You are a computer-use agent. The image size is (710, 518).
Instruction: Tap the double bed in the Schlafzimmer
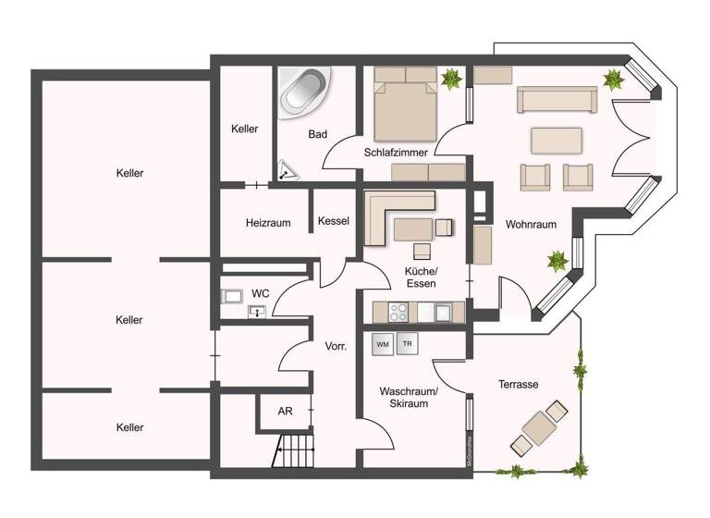405,106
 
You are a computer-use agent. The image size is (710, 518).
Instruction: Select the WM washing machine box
383,344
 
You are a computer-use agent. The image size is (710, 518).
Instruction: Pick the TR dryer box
407,344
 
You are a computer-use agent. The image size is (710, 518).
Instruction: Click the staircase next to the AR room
294,453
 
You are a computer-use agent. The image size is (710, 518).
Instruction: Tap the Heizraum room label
268,223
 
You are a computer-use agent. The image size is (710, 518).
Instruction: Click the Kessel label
333,221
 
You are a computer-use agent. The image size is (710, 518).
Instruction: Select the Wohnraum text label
531,225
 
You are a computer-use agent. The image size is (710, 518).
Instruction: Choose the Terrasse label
519,384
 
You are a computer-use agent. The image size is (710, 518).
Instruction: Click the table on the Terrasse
539,427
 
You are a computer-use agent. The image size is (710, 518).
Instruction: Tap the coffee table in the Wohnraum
557,140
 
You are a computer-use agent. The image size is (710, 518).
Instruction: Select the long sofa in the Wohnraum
557,98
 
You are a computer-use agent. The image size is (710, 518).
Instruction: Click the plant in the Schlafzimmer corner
451,80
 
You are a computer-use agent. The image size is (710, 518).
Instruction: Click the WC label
261,293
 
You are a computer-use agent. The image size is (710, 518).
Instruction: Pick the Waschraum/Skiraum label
408,398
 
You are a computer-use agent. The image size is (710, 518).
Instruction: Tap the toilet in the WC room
232,297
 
